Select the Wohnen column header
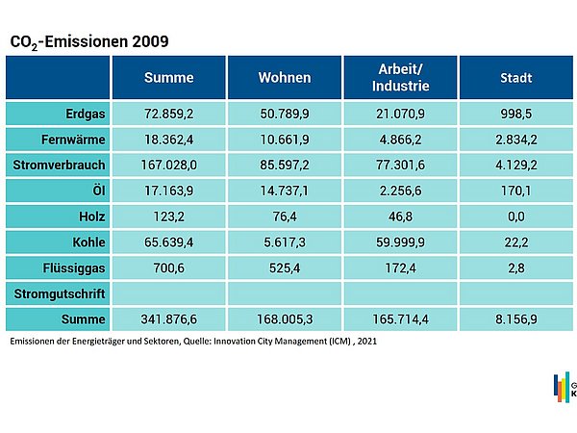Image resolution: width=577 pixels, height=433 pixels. tap(284, 78)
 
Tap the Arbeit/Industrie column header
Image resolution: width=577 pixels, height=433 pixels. tap(400, 78)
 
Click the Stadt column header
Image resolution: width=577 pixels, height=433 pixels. tap(516, 78)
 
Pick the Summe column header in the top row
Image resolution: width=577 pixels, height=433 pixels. tap(168, 78)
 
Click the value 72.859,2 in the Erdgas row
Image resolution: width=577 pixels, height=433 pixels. tap(168, 114)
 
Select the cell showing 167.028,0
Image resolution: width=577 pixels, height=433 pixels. tap(168, 165)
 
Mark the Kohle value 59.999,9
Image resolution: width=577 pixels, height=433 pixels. tap(400, 241)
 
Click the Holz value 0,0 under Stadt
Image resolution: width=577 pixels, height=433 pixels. tap(516, 216)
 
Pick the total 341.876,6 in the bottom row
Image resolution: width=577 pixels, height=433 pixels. tap(168, 318)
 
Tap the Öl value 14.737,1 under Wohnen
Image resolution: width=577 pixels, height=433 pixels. tap(284, 191)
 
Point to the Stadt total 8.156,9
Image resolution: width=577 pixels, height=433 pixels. tap(516, 318)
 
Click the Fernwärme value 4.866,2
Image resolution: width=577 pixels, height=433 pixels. tap(400, 140)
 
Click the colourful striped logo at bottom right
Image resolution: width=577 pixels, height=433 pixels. tap(562, 387)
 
